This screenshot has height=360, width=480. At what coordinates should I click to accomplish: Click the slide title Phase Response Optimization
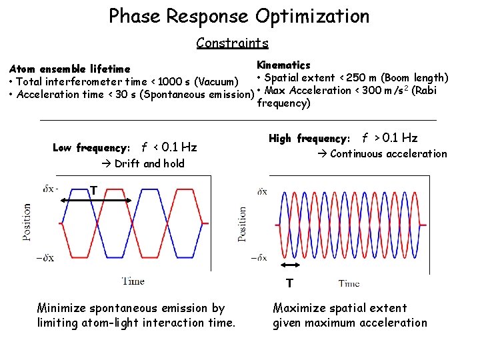pos(239,16)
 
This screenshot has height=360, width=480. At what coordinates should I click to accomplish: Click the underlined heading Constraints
pos(232,43)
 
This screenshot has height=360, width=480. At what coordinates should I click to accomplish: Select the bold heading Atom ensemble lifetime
pos(69,69)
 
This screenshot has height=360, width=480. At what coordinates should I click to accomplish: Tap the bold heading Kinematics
pos(283,65)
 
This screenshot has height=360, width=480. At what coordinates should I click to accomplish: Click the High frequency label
pos(309,139)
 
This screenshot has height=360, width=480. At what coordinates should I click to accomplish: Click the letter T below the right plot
pos(289,283)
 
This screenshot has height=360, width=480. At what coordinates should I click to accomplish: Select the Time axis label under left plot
pos(133,281)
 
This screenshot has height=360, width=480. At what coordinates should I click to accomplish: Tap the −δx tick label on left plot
pos(49,257)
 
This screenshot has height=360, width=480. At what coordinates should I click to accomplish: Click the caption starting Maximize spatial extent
pos(349,315)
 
